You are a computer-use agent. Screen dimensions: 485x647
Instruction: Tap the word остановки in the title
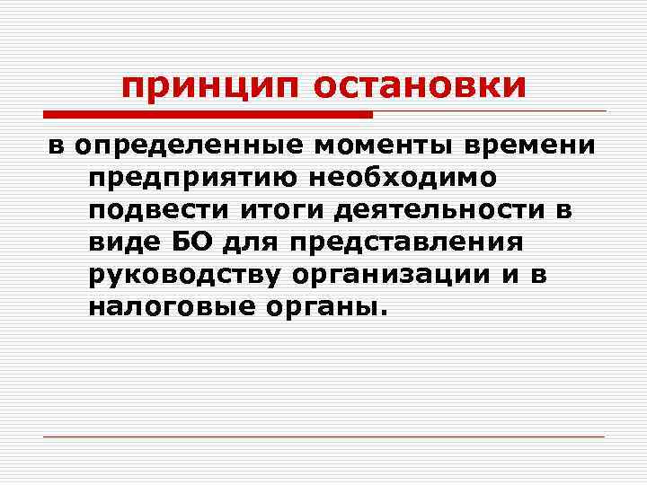(420, 87)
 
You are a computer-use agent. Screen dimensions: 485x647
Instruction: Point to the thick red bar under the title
(208, 115)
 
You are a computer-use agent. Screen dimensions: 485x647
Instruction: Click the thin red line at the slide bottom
(323, 436)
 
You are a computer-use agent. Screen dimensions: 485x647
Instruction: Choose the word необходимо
(392, 179)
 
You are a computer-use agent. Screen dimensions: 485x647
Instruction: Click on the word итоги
(274, 211)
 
